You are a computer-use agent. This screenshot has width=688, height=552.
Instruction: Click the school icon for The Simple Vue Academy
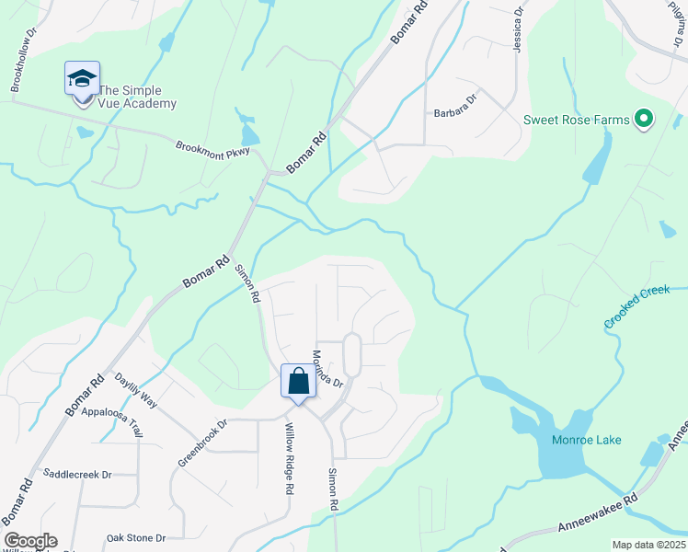pyautogui.click(x=82, y=79)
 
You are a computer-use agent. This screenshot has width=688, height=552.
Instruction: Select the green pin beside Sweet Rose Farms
pyautogui.click(x=644, y=119)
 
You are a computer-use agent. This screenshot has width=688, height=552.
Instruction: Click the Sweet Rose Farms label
pyautogui.click(x=577, y=120)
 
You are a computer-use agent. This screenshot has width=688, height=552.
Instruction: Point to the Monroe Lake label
pyautogui.click(x=586, y=440)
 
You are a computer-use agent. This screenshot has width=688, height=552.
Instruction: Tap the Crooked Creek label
pyautogui.click(x=636, y=307)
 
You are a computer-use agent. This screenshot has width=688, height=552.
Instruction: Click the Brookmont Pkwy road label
pyautogui.click(x=212, y=146)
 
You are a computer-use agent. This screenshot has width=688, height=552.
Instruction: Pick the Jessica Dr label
pyautogui.click(x=518, y=34)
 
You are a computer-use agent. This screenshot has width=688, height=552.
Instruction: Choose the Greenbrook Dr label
pyautogui.click(x=202, y=443)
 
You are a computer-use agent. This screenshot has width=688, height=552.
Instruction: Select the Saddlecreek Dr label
pyautogui.click(x=77, y=475)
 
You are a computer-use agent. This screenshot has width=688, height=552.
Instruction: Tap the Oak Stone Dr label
pyautogui.click(x=135, y=538)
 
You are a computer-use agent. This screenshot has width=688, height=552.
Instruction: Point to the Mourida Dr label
pyautogui.click(x=327, y=368)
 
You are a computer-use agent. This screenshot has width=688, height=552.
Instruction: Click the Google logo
pyautogui.click(x=30, y=541)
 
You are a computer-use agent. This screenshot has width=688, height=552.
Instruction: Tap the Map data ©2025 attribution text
pyautogui.click(x=648, y=545)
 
